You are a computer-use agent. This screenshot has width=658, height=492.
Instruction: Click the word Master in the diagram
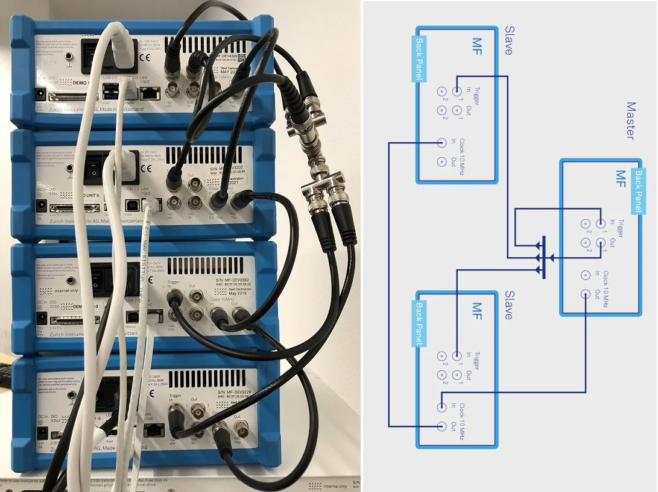pyautogui.click(x=630, y=120)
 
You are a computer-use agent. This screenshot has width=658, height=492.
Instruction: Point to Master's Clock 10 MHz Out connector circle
pyautogui.click(x=586, y=294)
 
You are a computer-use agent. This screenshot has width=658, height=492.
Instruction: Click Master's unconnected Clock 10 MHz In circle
pyautogui.click(x=586, y=275)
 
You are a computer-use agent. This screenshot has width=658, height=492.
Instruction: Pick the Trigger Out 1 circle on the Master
pyautogui.click(x=601, y=243)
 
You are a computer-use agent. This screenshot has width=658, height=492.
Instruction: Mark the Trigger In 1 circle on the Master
pyautogui.click(x=601, y=224)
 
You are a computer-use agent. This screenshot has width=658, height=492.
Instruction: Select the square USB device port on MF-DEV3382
pyautogui.click(x=131, y=315)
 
